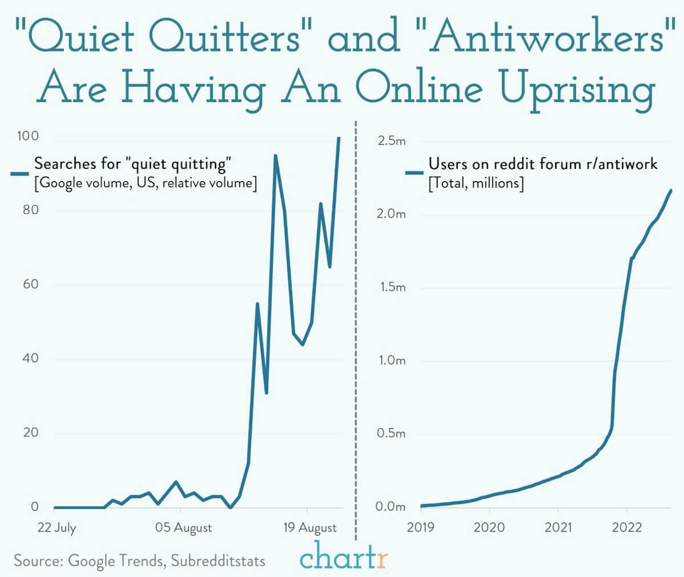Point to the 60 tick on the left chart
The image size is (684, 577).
[x=31, y=284]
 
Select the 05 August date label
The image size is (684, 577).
[x=183, y=528]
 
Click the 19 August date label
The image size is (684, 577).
[x=310, y=528]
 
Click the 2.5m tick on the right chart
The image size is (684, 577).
[x=391, y=141]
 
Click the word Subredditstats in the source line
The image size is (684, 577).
[x=218, y=561]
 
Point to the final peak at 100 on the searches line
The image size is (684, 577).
[x=339, y=138]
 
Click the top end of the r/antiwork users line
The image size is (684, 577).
[x=671, y=190]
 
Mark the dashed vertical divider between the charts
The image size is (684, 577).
[x=356, y=327]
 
